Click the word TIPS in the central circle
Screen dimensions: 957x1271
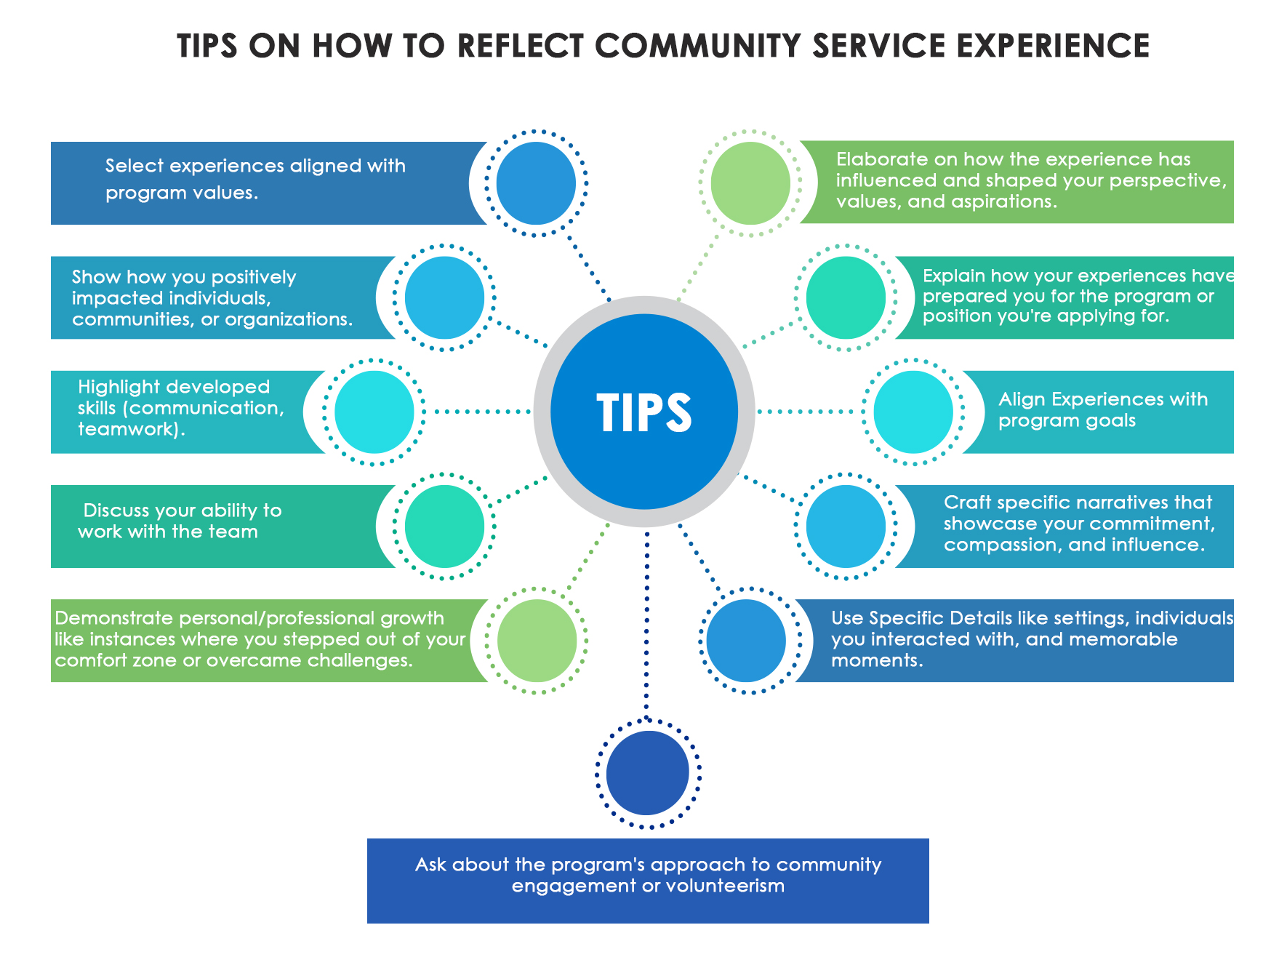coord(644,413)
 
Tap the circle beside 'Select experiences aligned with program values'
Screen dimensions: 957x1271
coord(536,183)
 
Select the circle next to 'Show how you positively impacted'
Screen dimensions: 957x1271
coord(444,297)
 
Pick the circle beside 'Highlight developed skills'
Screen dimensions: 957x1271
coord(374,412)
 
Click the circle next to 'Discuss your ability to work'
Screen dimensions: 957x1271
coord(444,526)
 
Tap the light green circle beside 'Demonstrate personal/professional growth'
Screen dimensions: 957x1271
coord(537,641)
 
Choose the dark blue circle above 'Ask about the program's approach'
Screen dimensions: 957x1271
coord(647,773)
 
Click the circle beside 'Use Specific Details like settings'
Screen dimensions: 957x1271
coord(746,641)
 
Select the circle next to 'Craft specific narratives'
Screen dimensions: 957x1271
coord(846,526)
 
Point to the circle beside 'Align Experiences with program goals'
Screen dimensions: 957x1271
coord(913,412)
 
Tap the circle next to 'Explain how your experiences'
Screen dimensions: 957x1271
coord(846,297)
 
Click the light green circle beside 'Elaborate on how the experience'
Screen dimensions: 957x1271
coord(750,183)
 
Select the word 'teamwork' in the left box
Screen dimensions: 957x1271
coord(127,429)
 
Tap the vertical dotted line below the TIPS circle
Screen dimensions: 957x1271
coord(646,618)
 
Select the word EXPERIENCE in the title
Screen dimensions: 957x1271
coord(1053,46)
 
